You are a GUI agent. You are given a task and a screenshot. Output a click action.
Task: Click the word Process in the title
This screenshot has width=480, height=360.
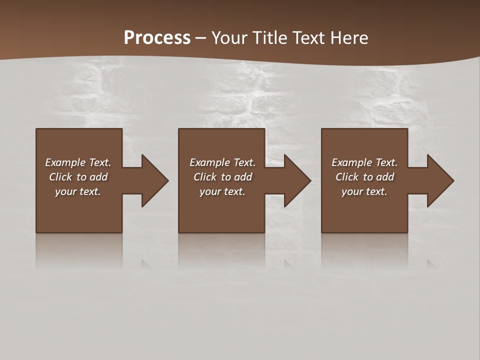pyautogui.click(x=157, y=38)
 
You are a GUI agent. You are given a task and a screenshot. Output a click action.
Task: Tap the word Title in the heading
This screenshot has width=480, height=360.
pyautogui.click(x=270, y=38)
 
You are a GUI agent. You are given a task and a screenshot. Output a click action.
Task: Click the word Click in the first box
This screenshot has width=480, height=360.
pyautogui.click(x=60, y=177)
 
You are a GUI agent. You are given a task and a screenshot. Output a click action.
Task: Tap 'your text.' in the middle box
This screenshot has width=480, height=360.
pyautogui.click(x=222, y=191)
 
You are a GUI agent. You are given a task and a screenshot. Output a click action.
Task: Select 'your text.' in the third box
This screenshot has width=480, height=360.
pyautogui.click(x=364, y=191)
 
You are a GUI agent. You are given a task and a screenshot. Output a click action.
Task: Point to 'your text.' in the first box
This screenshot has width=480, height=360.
pyautogui.click(x=77, y=191)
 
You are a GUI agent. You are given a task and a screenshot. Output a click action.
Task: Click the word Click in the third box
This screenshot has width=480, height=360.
pyautogui.click(x=347, y=177)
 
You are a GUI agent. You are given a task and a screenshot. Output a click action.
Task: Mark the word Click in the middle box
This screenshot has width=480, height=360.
pyautogui.click(x=205, y=177)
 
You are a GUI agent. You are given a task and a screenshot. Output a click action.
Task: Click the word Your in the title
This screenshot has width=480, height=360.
pyautogui.click(x=227, y=38)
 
